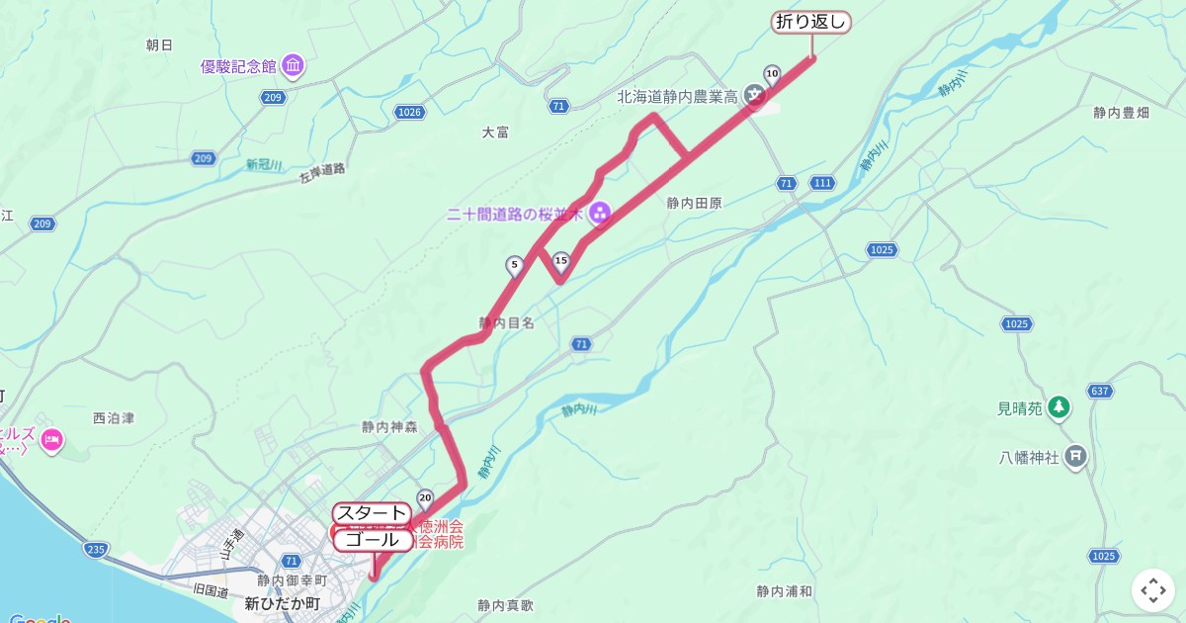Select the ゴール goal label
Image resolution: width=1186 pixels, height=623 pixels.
(373, 540)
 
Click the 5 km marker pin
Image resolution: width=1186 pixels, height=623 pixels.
(514, 265)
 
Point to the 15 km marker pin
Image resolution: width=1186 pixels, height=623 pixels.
(561, 262)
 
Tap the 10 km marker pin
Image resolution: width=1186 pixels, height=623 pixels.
(772, 73)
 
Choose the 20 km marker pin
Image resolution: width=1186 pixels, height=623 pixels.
(426, 497)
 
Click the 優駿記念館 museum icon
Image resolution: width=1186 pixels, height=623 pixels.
(294, 66)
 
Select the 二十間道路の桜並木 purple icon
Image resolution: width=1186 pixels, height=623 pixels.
(599, 213)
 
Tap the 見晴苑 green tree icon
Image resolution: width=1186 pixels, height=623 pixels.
(1059, 406)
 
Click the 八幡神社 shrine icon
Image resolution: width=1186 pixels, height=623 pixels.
(1077, 457)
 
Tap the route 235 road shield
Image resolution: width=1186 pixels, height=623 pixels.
(96, 550)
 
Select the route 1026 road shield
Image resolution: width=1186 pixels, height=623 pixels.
(409, 112)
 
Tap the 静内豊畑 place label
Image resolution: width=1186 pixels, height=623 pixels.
(1122, 113)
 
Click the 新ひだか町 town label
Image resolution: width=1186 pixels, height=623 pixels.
(283, 602)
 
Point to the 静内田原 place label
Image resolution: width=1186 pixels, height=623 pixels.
(694, 203)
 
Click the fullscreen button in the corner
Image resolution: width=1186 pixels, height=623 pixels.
(1153, 590)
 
